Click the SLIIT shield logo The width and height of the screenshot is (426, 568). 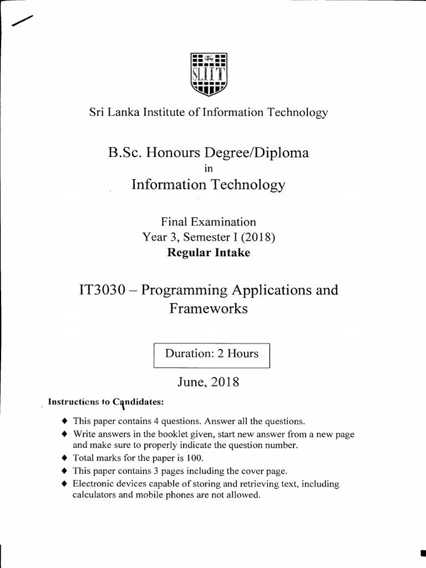[208, 74]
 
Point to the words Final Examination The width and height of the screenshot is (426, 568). [209, 222]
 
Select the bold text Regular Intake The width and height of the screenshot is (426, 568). [209, 253]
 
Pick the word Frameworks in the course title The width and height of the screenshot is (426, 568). [209, 309]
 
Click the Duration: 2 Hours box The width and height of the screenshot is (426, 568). [211, 354]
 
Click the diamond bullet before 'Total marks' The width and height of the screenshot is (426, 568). [65, 459]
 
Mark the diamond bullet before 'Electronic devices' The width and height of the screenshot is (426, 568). [65, 484]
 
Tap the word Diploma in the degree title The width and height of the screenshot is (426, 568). [281, 153]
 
